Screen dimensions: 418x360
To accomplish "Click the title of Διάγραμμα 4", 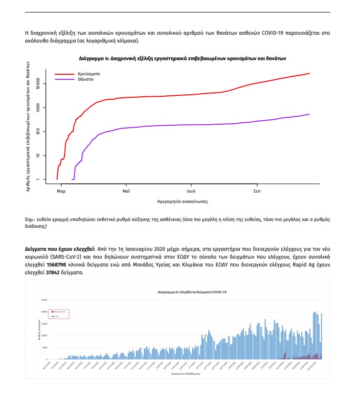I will click(x=182, y=58).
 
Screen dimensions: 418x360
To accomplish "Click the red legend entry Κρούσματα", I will click(x=89, y=73).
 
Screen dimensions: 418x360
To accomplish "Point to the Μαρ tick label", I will click(x=61, y=191).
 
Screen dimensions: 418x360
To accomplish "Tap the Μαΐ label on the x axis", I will click(x=126, y=191).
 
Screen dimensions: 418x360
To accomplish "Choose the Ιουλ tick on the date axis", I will click(x=191, y=191).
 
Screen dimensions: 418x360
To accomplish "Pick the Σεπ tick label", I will click(x=257, y=191).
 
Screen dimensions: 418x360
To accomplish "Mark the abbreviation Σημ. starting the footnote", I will click(x=30, y=219).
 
